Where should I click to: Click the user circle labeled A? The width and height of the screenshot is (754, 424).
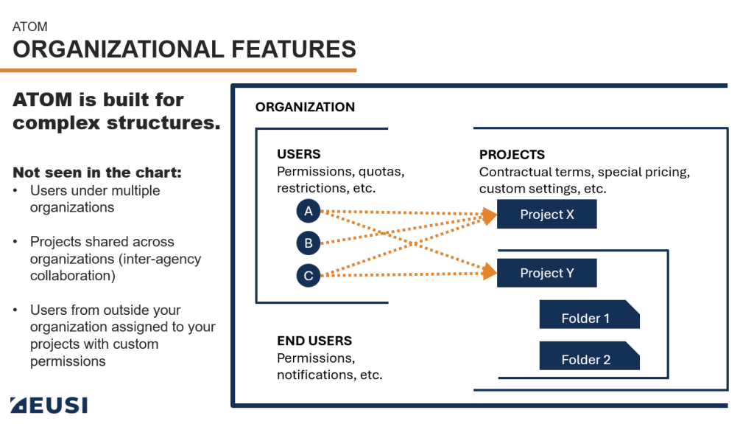point(309,212)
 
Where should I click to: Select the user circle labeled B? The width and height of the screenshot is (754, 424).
point(309,243)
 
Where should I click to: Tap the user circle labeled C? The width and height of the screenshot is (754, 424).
point(309,277)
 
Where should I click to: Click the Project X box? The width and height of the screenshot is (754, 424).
point(546,215)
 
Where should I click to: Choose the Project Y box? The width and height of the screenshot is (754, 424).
point(546,273)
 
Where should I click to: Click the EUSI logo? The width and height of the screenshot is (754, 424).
point(49,404)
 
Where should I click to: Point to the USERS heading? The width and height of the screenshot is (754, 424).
point(298,154)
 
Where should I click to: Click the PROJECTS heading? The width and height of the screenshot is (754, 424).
point(512,155)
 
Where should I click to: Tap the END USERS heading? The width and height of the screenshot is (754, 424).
point(314,341)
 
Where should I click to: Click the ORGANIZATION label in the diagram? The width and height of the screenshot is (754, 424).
point(305,107)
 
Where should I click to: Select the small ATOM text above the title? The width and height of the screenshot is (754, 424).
point(30,27)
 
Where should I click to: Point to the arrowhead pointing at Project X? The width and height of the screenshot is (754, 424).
point(489,215)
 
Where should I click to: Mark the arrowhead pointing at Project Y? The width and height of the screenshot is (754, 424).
point(489,272)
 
